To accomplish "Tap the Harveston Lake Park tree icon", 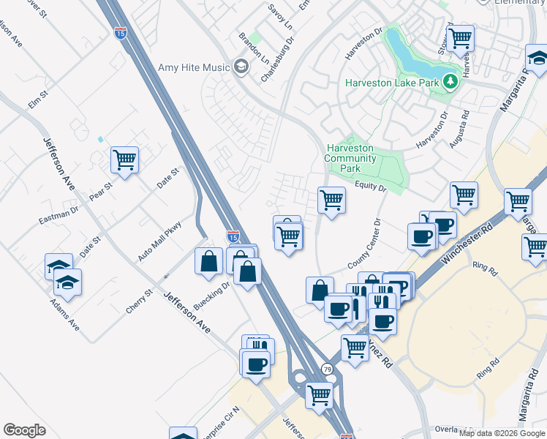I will [x=452, y=82].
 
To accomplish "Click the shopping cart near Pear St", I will [x=125, y=160].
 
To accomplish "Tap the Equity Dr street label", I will [x=370, y=187].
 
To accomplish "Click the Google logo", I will [x=25, y=429].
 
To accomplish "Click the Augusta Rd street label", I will [x=459, y=130].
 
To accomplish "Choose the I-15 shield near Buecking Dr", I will [x=233, y=236].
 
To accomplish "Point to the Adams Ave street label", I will [x=64, y=314].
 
